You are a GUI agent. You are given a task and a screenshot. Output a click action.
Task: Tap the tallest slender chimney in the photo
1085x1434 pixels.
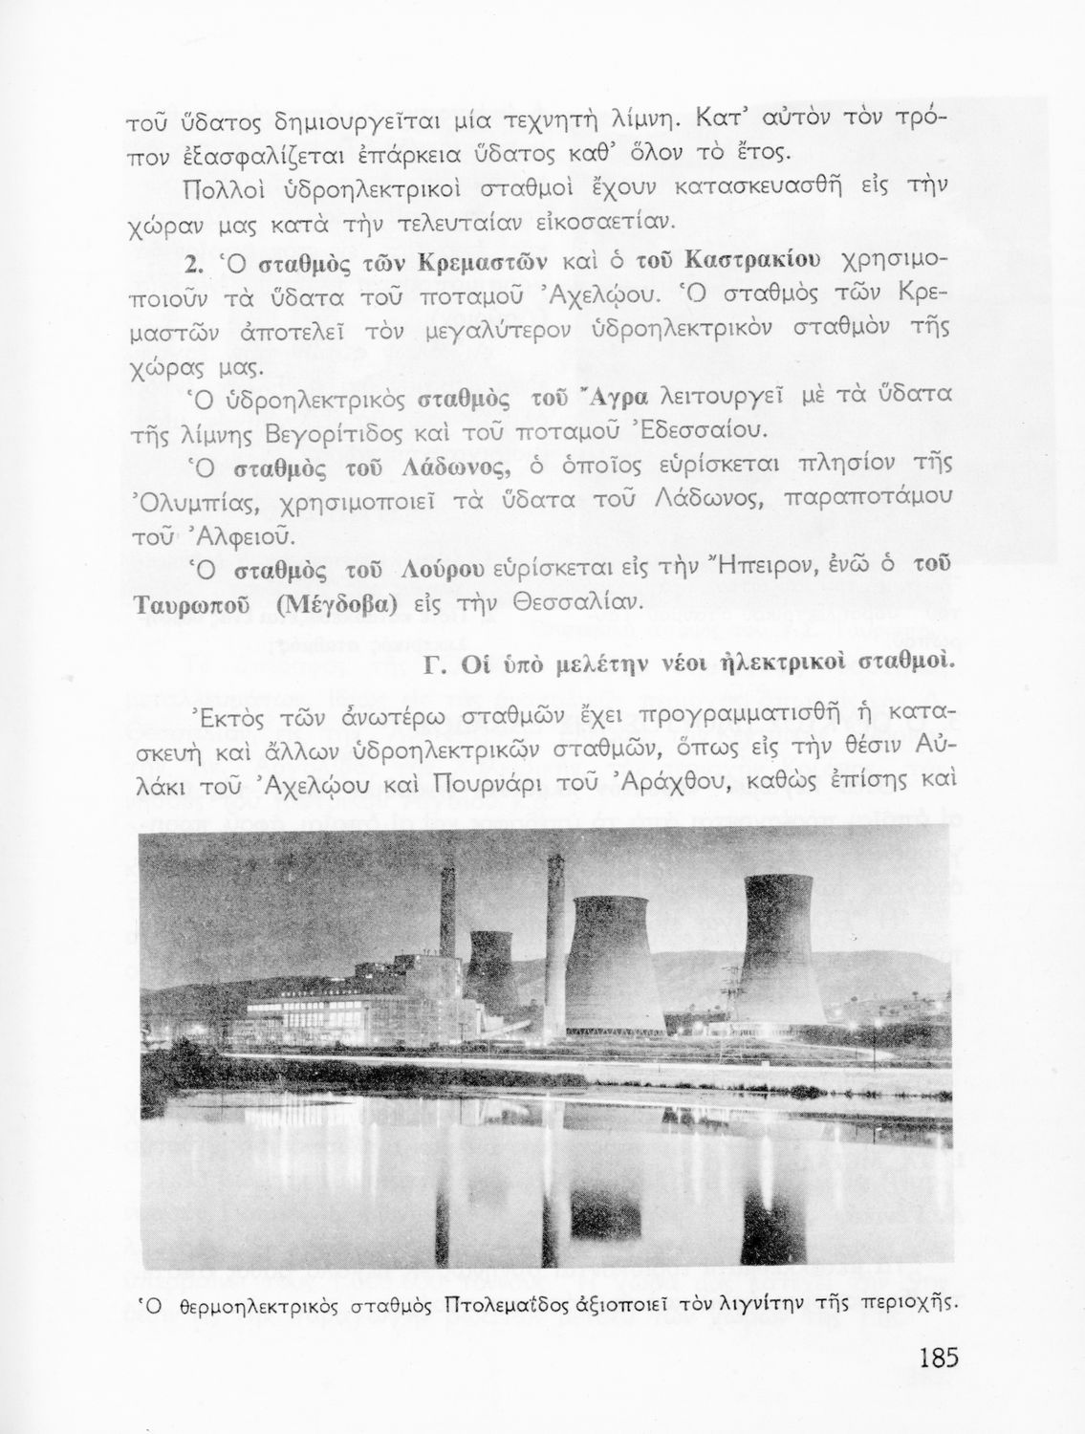click(x=555, y=918)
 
